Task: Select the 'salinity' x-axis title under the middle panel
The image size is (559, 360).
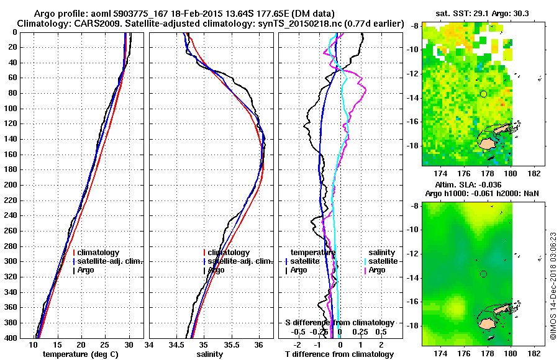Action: [210, 354]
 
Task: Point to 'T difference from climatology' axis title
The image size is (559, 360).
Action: [339, 354]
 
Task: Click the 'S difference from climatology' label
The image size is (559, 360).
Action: [339, 323]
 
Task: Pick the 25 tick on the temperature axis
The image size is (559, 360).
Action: [105, 345]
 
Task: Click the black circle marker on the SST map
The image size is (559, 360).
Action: [483, 94]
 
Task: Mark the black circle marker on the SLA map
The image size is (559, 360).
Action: [483, 274]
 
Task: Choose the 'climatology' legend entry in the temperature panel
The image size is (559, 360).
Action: [98, 253]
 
